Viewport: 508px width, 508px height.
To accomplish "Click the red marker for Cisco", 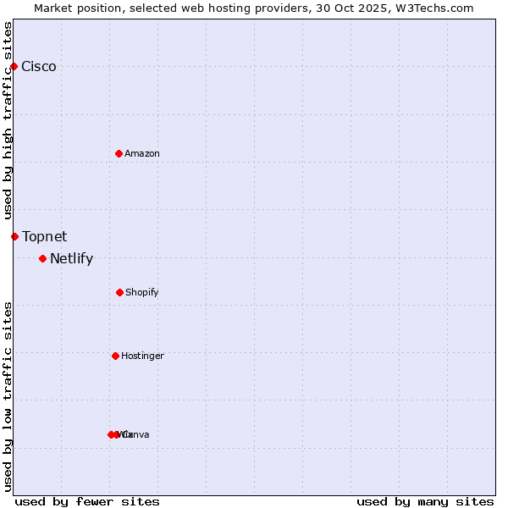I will pos(14,67).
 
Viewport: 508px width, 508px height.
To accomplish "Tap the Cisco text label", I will pos(39,67).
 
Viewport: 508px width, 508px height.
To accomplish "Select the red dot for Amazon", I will pos(119,153).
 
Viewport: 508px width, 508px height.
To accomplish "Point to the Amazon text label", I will pos(142,153).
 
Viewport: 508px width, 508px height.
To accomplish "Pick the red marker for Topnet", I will pos(14,236).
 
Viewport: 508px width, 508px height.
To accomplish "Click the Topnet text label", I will pos(45,236).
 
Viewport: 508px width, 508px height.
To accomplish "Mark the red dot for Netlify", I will pos(42,258).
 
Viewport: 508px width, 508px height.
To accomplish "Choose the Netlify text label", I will pos(71,259).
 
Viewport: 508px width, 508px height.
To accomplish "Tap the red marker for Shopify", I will pos(119,292).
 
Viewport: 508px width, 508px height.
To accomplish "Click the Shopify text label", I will pos(142,292).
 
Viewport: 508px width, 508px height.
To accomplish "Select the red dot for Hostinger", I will pos(115,356).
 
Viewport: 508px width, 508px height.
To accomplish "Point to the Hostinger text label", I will pos(142,356).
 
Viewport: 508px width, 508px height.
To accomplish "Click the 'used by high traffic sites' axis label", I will pos(8,120).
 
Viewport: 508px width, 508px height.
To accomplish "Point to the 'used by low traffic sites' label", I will pos(8,396).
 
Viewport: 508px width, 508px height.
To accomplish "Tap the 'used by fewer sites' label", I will pos(87,501).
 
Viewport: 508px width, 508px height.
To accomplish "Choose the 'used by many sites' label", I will pos(425,501).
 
